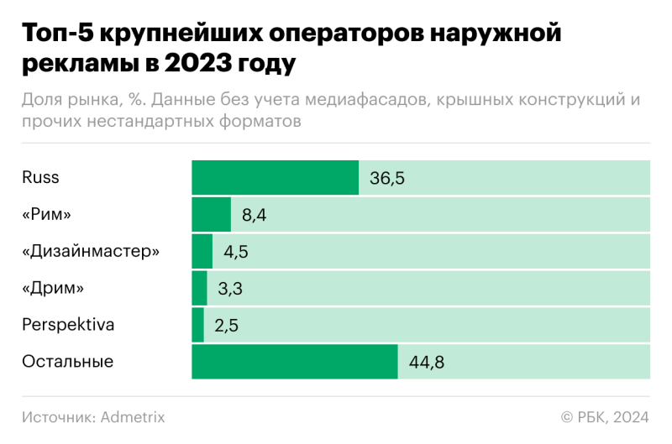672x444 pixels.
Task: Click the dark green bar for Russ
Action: point(276,177)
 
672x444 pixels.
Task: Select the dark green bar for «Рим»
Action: point(211,214)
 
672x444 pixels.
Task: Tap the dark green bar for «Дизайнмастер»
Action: point(202,251)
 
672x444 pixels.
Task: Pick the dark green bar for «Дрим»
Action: point(199,288)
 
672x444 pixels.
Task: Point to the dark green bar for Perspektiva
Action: point(197,325)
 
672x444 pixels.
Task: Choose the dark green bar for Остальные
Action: point(295,362)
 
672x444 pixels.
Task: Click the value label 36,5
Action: point(387,178)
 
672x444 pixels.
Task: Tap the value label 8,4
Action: point(255,215)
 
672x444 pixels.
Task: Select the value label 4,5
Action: point(236,252)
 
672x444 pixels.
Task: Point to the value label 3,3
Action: point(230,289)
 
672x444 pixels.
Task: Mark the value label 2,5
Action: point(227,326)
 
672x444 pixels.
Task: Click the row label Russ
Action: point(40,177)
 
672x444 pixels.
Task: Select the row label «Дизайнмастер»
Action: point(90,251)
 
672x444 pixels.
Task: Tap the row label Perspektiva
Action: point(68,325)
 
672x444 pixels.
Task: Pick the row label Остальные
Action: point(68,362)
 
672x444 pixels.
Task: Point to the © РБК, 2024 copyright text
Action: point(605,416)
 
